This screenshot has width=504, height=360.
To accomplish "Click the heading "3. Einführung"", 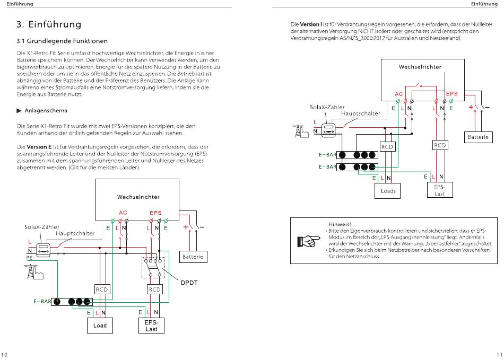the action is pos(49,24).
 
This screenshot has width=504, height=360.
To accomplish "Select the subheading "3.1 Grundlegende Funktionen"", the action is pos(62,41).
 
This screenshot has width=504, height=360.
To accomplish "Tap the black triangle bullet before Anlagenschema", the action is pos(19,110).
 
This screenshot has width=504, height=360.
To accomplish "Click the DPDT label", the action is pos(189,283).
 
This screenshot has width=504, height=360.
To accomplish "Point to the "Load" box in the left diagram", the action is pos(100,326).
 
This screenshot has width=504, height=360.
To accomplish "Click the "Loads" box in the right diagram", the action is pos(388,191).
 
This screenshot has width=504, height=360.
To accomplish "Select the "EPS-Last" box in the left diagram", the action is pos(151,326).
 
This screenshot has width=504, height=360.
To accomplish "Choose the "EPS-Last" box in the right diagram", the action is pos(440,190).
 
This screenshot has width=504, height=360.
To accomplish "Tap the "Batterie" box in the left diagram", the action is pos(193,257).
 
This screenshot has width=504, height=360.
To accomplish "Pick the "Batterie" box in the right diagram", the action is pos(479,137).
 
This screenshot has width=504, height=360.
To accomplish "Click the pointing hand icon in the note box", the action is pos(309,241).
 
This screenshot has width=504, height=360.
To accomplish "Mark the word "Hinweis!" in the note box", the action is pos(340,224).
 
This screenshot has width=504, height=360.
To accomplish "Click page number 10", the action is pos(4,355).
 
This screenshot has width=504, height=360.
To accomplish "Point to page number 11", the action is pos(499,355).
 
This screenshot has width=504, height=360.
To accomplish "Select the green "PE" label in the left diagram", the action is pos(29,258).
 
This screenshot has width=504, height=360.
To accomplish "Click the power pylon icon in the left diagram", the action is pos(33,271).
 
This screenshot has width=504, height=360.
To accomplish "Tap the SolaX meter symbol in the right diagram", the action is pos(328,130).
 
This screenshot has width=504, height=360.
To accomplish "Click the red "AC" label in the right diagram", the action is pos(398,94).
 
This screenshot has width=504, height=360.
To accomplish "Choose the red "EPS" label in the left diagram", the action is pos(155,213).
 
